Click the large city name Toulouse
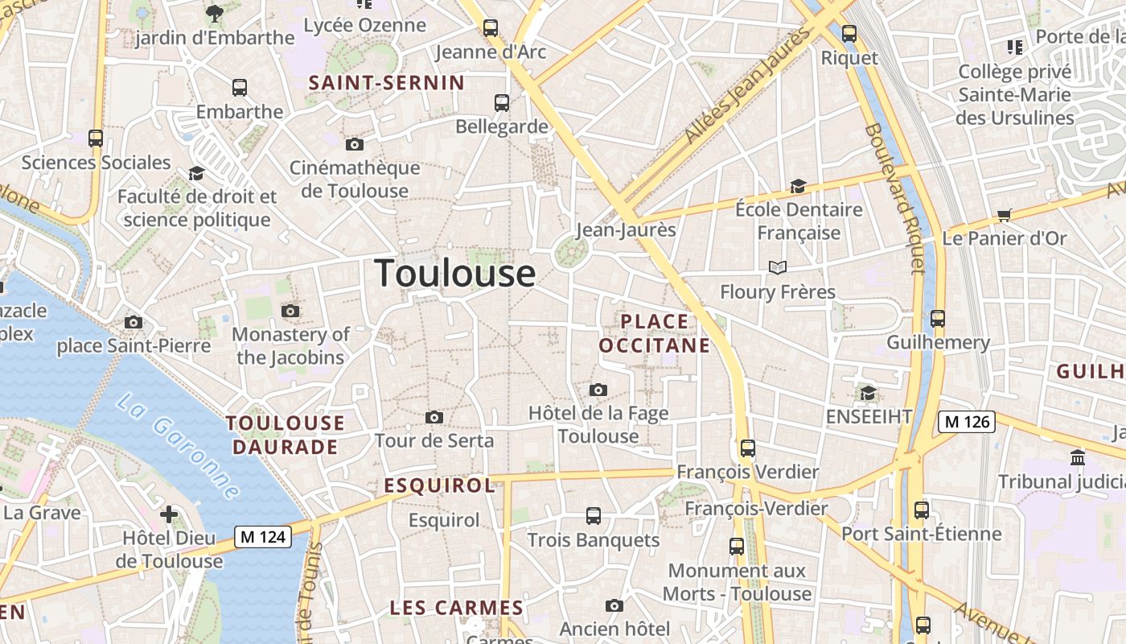454,274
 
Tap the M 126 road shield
967,421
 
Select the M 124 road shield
263,537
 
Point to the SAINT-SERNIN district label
387,83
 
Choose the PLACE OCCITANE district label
655,333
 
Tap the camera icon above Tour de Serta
434,417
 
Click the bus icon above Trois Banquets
594,516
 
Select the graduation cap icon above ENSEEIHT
868,393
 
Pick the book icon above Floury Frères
777,267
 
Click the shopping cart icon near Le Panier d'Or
1004,215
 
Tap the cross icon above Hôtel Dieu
169,514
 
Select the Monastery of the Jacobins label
290,345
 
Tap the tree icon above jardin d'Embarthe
214,13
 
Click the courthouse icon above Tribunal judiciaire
1078,458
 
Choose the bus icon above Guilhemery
938,319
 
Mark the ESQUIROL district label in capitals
439,485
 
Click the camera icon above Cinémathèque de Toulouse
354,145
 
